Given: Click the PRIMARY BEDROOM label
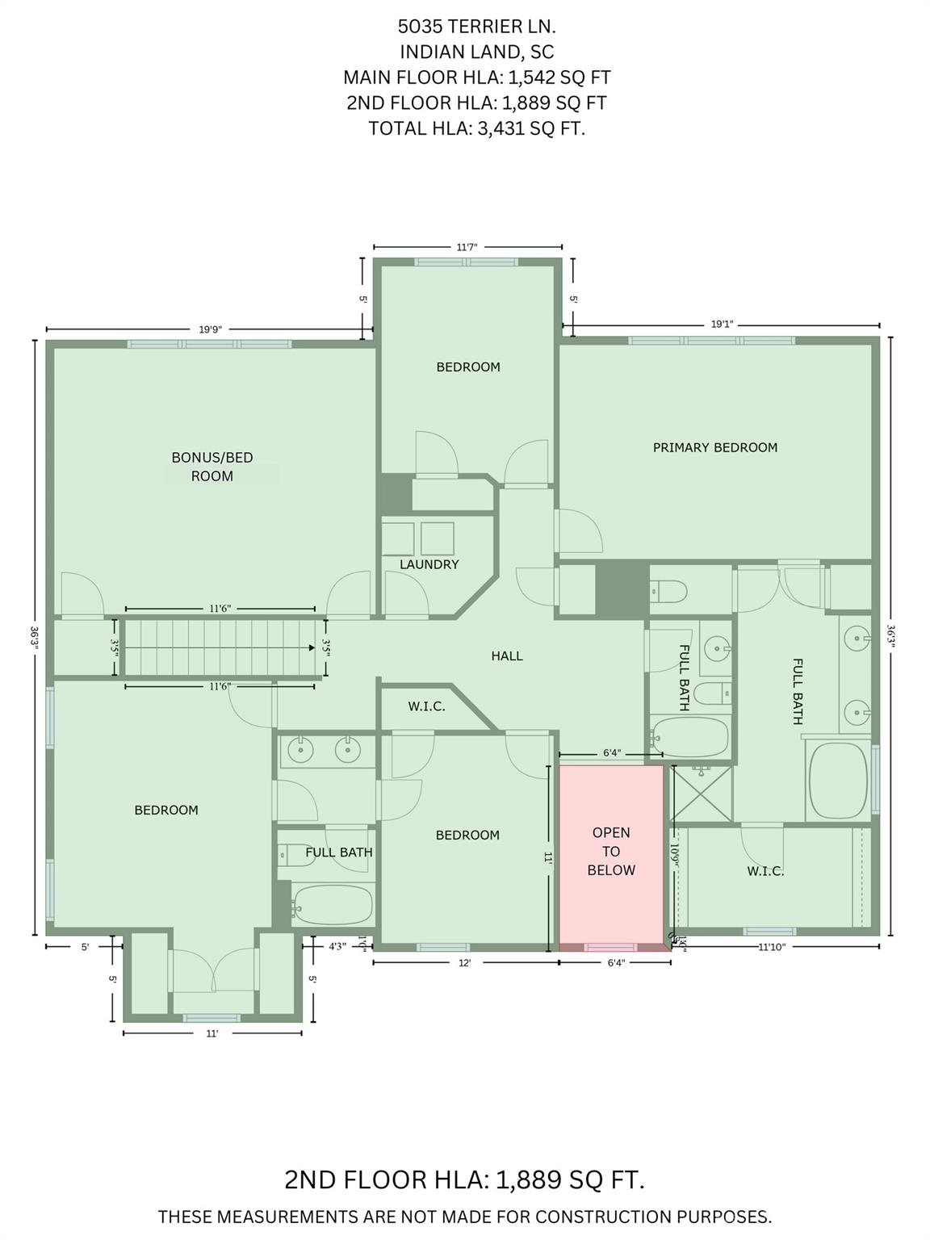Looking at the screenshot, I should tap(714, 447).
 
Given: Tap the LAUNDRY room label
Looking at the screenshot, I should tap(429, 564).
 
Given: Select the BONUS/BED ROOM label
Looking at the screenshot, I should tap(212, 467).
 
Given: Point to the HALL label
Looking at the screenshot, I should tap(507, 656).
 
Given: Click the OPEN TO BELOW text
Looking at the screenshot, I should tap(611, 851).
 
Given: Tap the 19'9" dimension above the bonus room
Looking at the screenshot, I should tap(210, 329).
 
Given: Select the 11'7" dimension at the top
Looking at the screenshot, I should tap(467, 247).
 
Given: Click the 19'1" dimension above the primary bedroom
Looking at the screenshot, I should tap(722, 325).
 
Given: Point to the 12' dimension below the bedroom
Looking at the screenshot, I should tap(464, 962).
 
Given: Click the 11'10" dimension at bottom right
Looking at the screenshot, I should tap(771, 948).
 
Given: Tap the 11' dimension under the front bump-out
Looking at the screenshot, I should tap(212, 1033).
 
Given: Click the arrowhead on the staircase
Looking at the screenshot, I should tap(311, 647).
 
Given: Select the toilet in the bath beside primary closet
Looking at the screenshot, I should tap(668, 592).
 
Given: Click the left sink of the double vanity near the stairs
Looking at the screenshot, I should tap(300, 750).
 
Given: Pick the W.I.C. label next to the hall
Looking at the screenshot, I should tap(426, 706).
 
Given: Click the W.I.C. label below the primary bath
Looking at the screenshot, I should tap(765, 871).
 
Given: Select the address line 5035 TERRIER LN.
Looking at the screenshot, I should tap(476, 27).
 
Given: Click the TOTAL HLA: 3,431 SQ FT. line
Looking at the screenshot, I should tap(476, 128).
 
